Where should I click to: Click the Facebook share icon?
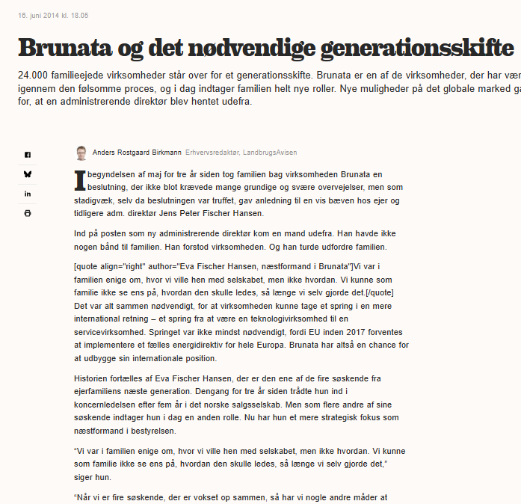[28, 155]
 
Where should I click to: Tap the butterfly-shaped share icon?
[28, 173]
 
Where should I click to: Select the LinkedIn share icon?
[28, 194]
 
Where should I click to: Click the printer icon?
[28, 213]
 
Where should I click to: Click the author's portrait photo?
[81, 153]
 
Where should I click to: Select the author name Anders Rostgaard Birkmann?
[137, 153]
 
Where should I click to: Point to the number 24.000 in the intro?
[34, 76]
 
